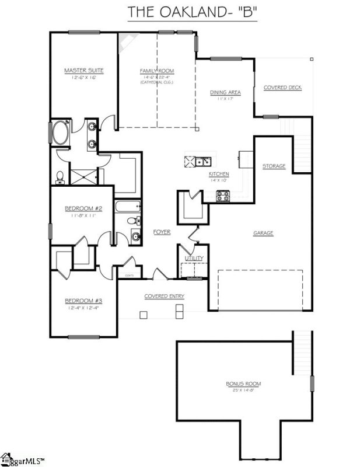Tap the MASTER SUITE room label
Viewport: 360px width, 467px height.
click(84, 71)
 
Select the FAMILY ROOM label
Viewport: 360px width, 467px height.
click(157, 71)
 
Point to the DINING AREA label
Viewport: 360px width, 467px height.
click(225, 92)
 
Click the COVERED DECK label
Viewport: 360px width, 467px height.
click(282, 88)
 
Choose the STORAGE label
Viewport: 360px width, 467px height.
click(274, 166)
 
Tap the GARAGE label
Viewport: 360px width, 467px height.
click(263, 233)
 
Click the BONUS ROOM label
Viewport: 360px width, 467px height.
click(243, 384)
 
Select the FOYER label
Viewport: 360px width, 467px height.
click(162, 232)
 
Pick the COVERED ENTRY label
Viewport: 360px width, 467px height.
click(165, 296)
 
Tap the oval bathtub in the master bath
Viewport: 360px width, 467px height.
click(60, 134)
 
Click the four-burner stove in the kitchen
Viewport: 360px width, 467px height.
click(223, 196)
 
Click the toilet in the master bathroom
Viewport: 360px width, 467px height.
click(60, 175)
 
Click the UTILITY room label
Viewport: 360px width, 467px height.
click(193, 258)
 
